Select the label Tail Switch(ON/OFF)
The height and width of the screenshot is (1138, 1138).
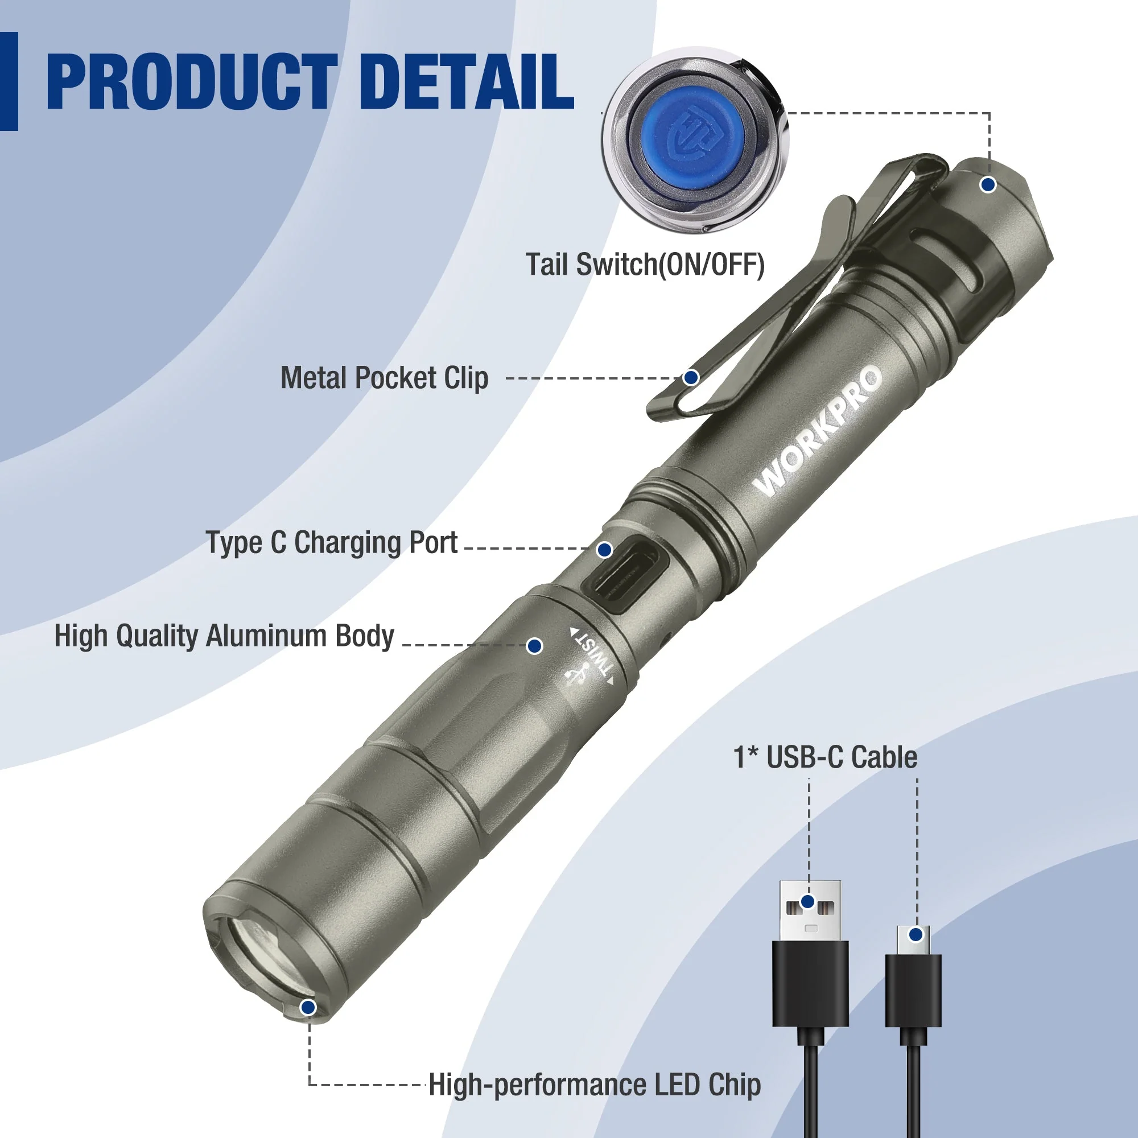(x=645, y=265)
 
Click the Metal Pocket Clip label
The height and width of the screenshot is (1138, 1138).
(x=384, y=378)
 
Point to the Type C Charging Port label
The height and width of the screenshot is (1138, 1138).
(x=332, y=542)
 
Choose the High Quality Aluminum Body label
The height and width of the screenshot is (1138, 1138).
(x=224, y=636)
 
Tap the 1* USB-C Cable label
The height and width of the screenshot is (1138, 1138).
(x=824, y=757)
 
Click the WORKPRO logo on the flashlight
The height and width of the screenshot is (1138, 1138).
(x=819, y=431)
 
